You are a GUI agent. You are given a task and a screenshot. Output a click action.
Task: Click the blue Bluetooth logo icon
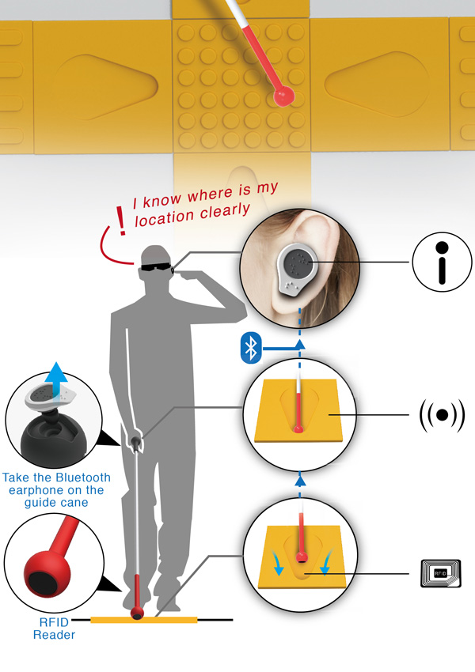pos(251,348)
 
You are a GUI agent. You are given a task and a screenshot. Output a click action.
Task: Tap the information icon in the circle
pos(442,262)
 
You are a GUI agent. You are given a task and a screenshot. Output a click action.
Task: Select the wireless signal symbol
pos(442,415)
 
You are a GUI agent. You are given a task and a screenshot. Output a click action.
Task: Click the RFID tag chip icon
pos(441,573)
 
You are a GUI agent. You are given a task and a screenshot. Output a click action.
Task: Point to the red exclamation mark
pos(121,221)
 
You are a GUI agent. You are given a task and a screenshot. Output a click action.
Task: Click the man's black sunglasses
pos(156,267)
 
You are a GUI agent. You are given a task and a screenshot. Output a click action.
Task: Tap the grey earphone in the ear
pos(297,268)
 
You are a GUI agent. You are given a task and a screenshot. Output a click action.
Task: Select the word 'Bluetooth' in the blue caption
pos(83,478)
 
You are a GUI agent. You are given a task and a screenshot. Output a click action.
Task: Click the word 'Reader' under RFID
pos(54,635)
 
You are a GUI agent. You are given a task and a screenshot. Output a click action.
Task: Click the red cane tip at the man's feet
pos(137,613)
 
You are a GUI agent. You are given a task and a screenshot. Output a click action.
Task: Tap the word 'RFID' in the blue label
pos(54,622)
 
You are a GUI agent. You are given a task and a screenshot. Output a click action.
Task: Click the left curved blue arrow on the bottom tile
pos(276,561)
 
